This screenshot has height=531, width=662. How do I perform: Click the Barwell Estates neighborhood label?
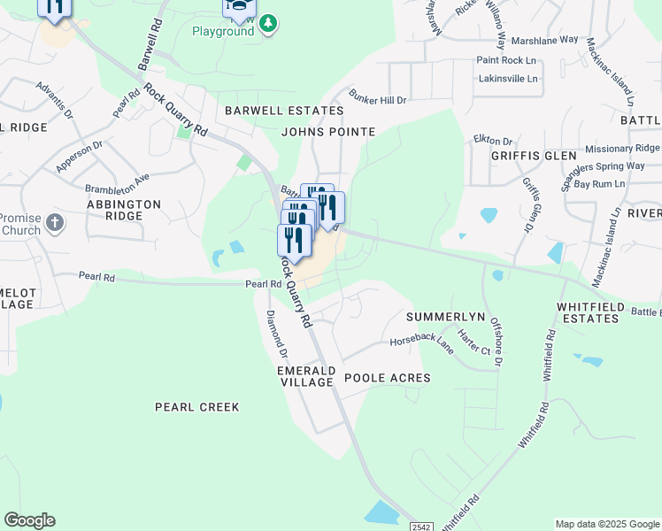point(283,111)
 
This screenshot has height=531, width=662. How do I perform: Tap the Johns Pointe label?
point(328,132)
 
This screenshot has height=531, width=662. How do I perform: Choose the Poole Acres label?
point(387,378)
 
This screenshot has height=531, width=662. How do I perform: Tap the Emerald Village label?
point(305,376)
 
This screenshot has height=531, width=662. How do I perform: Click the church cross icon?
point(55,221)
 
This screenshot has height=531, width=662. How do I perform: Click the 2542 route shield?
point(421,526)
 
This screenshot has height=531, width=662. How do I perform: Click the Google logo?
point(29,520)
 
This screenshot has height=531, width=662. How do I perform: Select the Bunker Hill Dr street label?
point(377,99)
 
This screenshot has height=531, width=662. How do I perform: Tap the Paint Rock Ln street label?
point(507,59)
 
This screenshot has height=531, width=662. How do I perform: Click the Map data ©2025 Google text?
point(606,524)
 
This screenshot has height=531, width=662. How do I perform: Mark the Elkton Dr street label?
point(493,140)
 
